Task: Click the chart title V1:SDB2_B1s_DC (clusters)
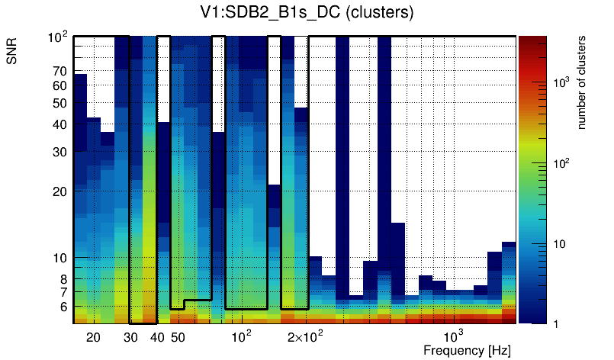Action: (x=307, y=13)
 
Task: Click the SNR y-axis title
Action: (x=13, y=52)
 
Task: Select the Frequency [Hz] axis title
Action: (x=467, y=350)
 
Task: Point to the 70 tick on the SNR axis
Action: (x=60, y=72)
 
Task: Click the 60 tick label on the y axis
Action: (x=60, y=85)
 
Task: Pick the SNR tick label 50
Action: (x=60, y=103)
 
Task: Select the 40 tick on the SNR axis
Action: (x=60, y=124)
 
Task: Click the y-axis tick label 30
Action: (x=60, y=152)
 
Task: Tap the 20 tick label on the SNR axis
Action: (x=60, y=191)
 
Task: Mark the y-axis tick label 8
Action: (x=63, y=279)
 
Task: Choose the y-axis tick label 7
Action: (x=63, y=292)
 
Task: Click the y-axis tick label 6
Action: (x=63, y=307)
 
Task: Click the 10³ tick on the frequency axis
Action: (x=454, y=336)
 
